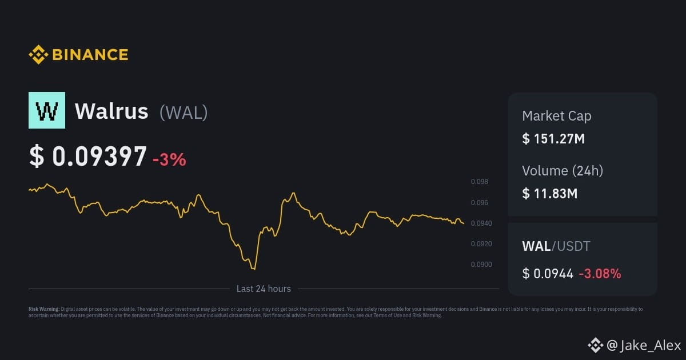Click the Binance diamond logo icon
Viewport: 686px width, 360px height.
point(38,54)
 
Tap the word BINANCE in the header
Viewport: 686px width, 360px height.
point(90,55)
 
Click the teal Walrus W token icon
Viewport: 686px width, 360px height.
point(47,110)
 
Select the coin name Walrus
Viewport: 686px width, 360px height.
point(111,111)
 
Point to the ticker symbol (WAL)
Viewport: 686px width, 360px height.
point(184,113)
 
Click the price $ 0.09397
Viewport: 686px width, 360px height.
point(88,156)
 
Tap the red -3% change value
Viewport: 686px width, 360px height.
point(169,159)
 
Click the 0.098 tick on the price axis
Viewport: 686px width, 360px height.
point(479,182)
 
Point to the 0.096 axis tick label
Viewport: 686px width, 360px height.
point(479,203)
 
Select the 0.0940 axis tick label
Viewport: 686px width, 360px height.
point(481,223)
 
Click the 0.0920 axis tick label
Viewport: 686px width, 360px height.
point(481,243)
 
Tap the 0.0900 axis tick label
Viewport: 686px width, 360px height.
point(481,264)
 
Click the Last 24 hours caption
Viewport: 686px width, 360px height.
point(264,289)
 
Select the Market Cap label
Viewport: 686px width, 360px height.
point(556,116)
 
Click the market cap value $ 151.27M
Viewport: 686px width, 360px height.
point(553,139)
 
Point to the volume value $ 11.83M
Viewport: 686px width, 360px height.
point(550,194)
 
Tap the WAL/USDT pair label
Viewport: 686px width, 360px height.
point(556,246)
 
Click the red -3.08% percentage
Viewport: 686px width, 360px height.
point(600,274)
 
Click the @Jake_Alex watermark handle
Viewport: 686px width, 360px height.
point(644,345)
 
